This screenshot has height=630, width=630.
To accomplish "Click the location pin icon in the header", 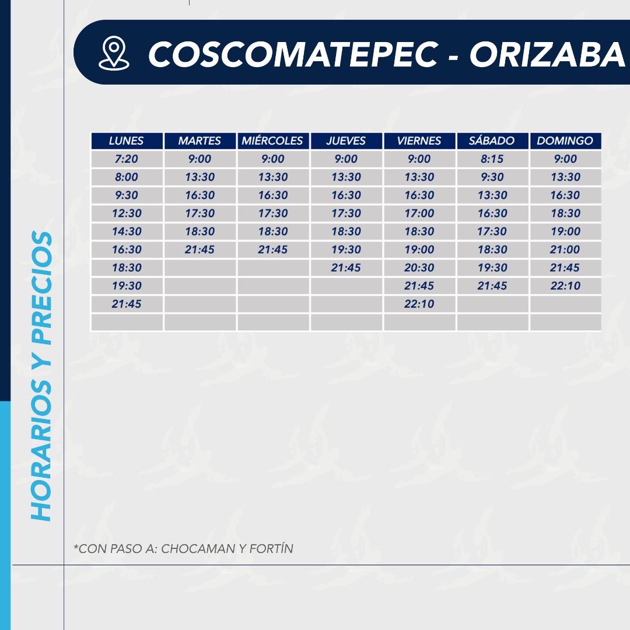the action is pos(114,53).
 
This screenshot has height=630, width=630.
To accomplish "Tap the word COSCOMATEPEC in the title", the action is pos(293,54).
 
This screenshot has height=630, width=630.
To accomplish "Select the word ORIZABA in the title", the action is pos(547,54).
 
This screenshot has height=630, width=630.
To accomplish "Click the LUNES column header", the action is pos(127,141).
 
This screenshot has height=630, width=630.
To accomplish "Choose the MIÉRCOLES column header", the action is pos(272,141).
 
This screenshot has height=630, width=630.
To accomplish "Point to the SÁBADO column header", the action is pos(492,141).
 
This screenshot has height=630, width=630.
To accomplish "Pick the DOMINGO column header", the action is pos(565,141).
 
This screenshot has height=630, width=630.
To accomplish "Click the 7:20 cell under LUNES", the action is pos(127,159).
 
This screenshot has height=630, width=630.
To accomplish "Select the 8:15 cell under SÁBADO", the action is pos(492,159).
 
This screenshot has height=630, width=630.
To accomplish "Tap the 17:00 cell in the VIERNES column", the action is pos(419,213).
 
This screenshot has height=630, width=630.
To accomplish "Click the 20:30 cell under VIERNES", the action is pos(419,268).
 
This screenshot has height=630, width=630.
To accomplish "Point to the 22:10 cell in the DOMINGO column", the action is pos(565,286).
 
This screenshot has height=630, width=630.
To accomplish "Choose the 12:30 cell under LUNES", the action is pos(127,213).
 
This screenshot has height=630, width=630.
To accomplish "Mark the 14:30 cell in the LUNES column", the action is pos(127,232).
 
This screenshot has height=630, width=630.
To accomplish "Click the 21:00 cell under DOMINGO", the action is pos(565,250).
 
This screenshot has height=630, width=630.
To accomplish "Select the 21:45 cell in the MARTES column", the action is pos(199,250).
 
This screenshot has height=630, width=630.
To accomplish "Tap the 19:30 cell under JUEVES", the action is pos(346,250).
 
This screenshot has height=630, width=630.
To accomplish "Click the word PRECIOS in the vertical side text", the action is pos(41,288).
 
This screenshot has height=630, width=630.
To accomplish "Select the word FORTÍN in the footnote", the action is pos(271,548).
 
